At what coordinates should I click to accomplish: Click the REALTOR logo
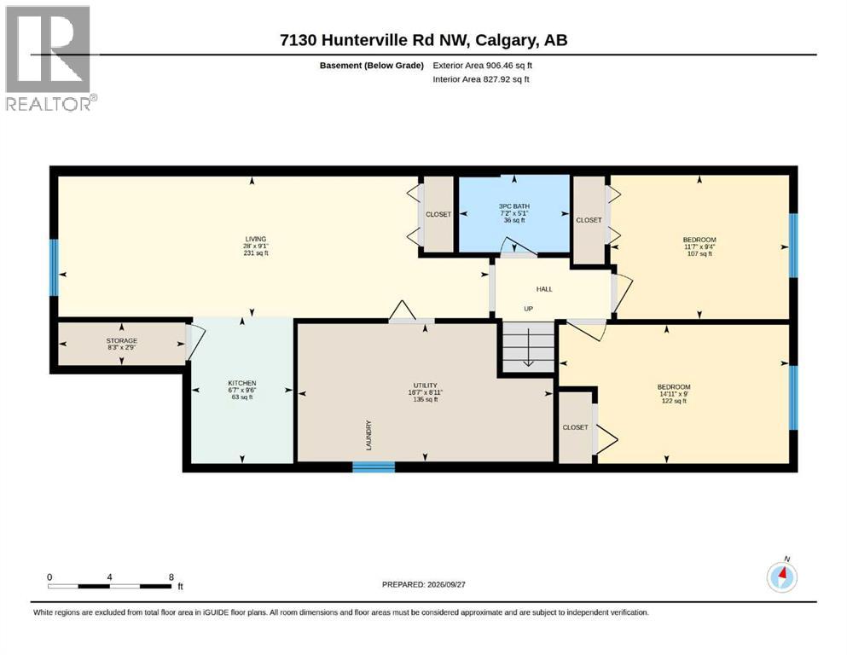49,58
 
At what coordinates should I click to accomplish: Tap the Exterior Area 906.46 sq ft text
483,66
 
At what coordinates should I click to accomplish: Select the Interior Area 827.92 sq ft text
481,79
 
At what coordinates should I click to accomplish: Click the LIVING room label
256,239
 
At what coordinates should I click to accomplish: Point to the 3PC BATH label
513,206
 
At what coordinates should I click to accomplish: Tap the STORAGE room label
121,341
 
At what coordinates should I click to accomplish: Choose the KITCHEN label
242,383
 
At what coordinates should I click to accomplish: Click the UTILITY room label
425,385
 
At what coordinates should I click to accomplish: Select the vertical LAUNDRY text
369,435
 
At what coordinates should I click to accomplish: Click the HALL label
544,289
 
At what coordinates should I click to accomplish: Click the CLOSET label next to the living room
438,214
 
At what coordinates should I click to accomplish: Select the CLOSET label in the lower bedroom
575,427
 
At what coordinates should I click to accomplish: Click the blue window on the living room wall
54,268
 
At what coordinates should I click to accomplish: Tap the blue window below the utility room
374,467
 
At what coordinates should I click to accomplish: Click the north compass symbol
782,577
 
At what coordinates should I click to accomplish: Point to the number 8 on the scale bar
171,577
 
